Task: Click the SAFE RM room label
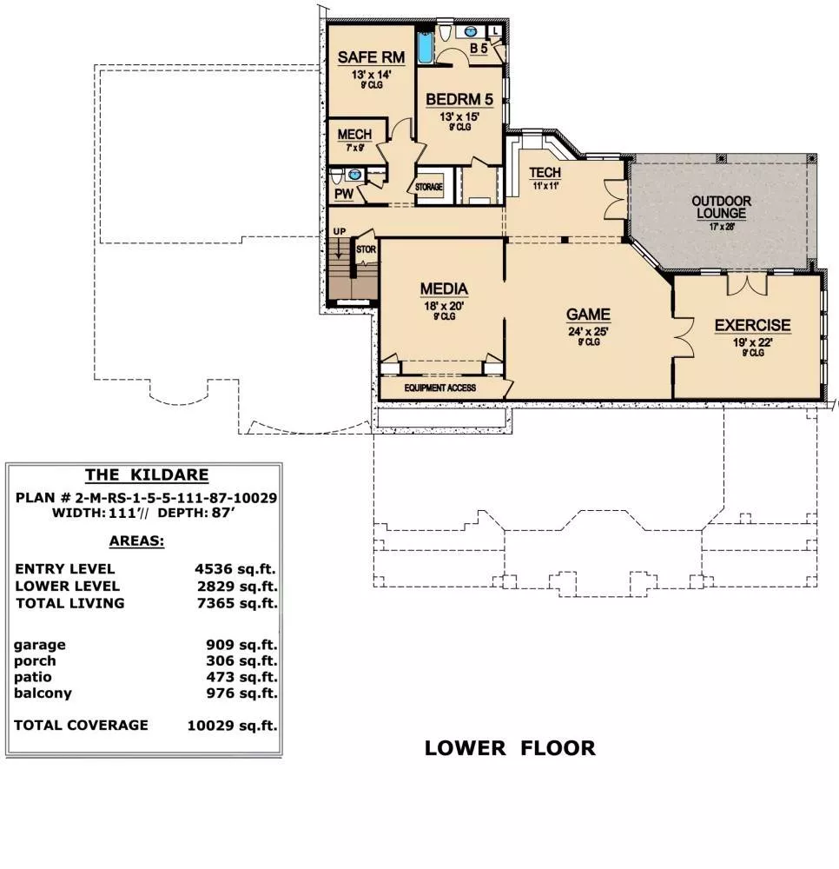tap(371, 57)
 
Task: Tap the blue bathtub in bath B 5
tap(425, 48)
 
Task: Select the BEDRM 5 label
tap(459, 99)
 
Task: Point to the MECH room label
tap(354, 135)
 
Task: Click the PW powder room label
tap(344, 194)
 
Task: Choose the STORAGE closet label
tap(429, 188)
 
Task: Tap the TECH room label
tap(545, 173)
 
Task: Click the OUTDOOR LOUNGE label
tap(722, 208)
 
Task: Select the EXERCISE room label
tap(753, 325)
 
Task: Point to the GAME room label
tap(588, 315)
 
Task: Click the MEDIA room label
tap(444, 289)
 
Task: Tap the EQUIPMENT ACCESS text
tap(440, 388)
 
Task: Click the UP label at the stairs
tap(340, 231)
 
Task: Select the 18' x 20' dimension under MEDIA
tap(444, 306)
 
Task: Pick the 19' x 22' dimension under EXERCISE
tap(753, 342)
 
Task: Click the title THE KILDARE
tap(147, 475)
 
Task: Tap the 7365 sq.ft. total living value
tap(237, 603)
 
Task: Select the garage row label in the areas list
tap(40, 645)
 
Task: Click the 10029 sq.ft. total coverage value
tap(232, 726)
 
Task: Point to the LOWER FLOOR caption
tap(510, 748)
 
